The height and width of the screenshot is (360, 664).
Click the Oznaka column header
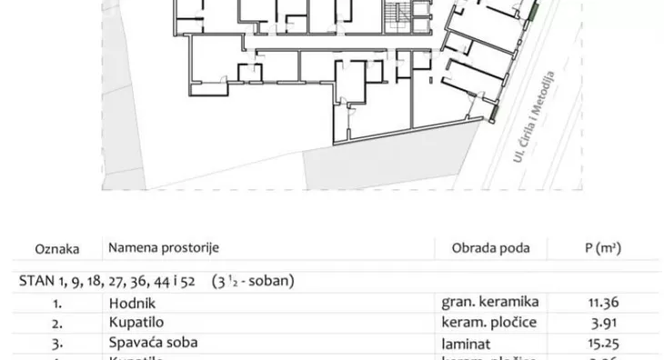(57, 247)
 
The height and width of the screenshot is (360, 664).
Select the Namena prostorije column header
(164, 247)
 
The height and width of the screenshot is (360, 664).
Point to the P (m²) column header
(601, 247)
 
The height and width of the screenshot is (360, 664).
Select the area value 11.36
(602, 303)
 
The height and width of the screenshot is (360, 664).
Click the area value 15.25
(602, 343)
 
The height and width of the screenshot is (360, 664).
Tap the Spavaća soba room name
(153, 343)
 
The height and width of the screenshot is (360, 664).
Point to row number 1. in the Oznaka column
(56, 303)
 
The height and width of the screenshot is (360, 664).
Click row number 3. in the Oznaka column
(56, 343)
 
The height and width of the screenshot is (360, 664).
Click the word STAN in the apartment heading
(34, 280)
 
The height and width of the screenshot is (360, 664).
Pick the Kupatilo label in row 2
(136, 323)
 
